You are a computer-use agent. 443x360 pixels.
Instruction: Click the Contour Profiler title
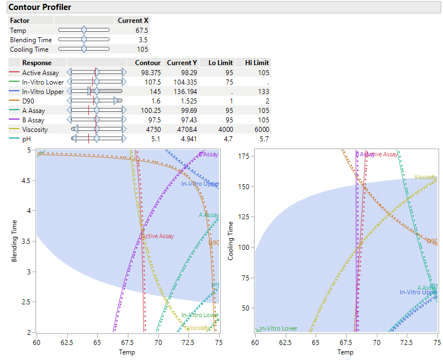(39, 7)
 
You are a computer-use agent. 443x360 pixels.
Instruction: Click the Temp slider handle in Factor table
(84, 31)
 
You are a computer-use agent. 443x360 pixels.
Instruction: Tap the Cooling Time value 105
(142, 50)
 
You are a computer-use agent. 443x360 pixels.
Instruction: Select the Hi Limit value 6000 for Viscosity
(259, 129)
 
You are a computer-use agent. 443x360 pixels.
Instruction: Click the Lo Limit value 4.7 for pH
(226, 139)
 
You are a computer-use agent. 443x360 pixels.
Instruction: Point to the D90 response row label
(29, 101)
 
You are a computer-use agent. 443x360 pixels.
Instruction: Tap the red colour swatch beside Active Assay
(14, 72)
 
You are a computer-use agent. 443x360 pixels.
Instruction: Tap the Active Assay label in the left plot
(158, 236)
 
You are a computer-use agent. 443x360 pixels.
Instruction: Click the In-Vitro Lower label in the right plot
(278, 328)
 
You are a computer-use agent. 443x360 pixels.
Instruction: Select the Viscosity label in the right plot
(425, 177)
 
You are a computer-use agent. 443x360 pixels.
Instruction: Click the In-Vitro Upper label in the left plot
(200, 184)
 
